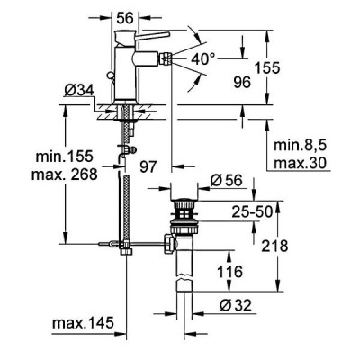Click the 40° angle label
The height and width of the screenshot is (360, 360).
click(203, 59)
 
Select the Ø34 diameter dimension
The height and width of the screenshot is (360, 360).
click(79, 91)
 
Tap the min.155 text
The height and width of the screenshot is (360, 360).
click(65, 157)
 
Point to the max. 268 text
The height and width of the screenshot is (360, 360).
click(65, 174)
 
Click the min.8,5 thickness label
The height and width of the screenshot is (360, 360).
click(300, 146)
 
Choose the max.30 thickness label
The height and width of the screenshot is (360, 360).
click(300, 163)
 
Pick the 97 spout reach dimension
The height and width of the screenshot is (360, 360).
click(148, 166)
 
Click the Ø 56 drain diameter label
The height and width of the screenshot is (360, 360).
click(227, 180)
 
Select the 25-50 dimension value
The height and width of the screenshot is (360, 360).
click(252, 211)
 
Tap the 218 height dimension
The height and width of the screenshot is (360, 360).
click(274, 247)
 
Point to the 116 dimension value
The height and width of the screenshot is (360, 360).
click(229, 272)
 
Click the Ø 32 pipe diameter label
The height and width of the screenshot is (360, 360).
click(236, 306)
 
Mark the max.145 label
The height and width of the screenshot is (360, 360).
click(83, 323)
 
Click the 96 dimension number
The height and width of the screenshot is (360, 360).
click(242, 82)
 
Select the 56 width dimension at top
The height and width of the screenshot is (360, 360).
click(125, 19)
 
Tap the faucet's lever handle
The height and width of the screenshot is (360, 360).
click(153, 35)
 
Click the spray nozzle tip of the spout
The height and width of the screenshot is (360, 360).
click(166, 58)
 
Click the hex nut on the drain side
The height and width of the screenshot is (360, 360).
click(169, 244)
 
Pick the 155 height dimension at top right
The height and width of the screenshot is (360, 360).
click(267, 67)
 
